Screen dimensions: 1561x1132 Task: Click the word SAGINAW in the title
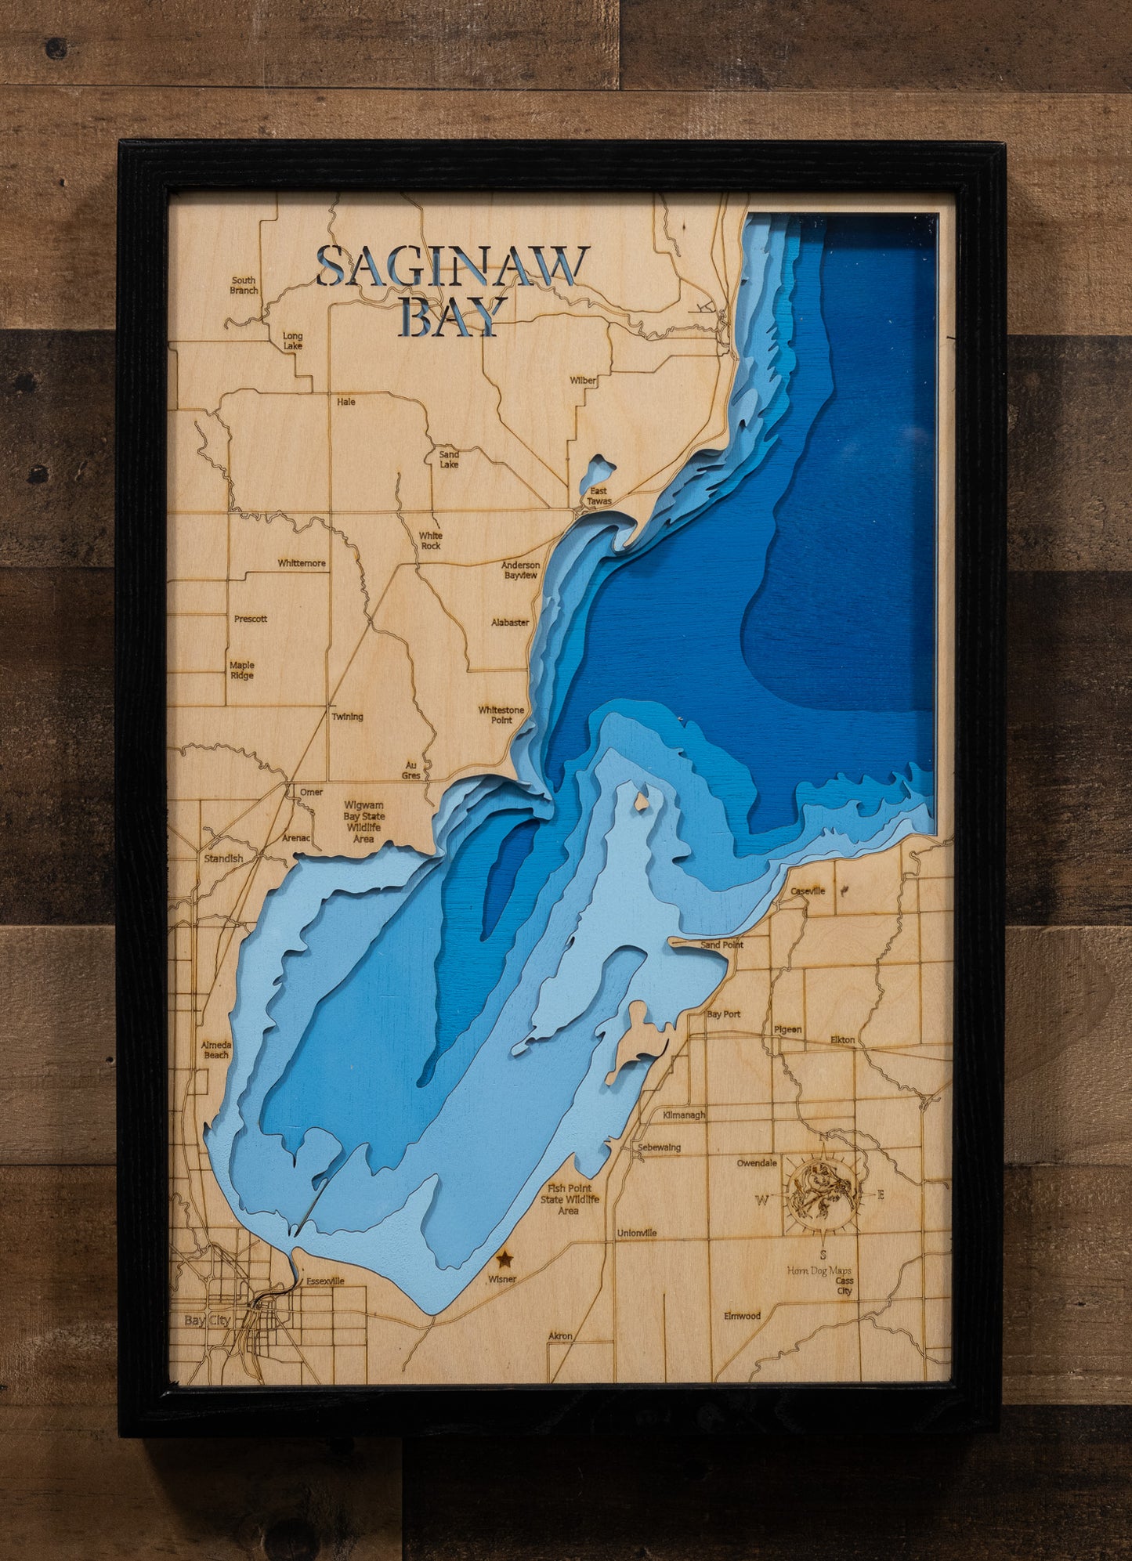tap(452, 268)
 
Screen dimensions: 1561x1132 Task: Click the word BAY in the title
tap(450, 317)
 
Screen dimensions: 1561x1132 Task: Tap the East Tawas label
tap(600, 496)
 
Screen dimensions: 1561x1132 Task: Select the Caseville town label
tap(808, 891)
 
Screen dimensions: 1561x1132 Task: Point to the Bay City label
tap(207, 1321)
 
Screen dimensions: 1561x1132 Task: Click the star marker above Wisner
tap(505, 1259)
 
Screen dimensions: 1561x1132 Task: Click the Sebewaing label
tap(659, 1147)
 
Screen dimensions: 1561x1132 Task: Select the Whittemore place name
tap(302, 563)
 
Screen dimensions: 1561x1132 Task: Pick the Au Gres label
tap(411, 771)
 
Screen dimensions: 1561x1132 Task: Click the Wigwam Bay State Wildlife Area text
tap(363, 822)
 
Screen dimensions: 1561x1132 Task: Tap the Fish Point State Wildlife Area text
tap(570, 1199)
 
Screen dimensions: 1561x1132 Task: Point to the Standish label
tap(223, 858)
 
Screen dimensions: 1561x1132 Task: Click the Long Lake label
tap(292, 341)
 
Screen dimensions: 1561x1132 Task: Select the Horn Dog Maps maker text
tap(819, 1270)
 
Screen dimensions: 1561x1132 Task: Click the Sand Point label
tap(722, 945)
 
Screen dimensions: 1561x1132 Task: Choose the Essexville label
tap(325, 1281)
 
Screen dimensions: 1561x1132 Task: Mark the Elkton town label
tap(843, 1040)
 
